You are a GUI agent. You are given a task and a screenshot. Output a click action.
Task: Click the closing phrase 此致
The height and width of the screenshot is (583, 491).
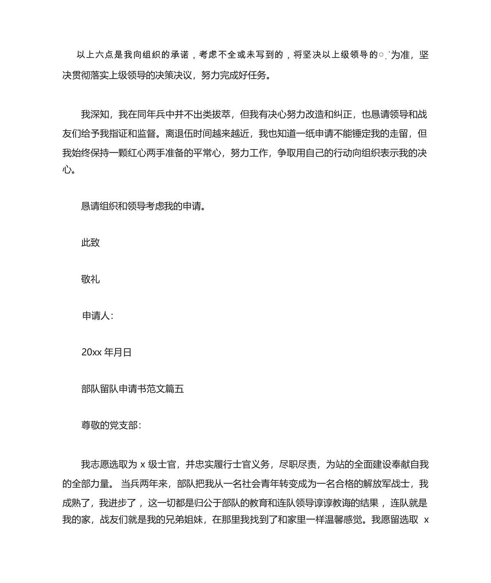[91, 243]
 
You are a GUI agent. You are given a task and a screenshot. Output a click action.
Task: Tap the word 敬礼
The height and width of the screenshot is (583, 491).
[91, 279]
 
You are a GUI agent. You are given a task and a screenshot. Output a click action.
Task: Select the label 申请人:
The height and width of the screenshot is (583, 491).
[98, 316]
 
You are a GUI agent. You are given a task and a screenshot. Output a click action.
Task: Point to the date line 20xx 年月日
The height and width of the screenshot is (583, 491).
[106, 353]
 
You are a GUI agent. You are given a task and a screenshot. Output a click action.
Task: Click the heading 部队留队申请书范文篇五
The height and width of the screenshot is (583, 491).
[132, 389]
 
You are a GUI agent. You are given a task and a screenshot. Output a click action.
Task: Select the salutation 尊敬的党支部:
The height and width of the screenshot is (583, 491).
[111, 425]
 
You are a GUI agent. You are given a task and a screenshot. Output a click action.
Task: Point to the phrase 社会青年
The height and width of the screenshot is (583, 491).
[245, 484]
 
